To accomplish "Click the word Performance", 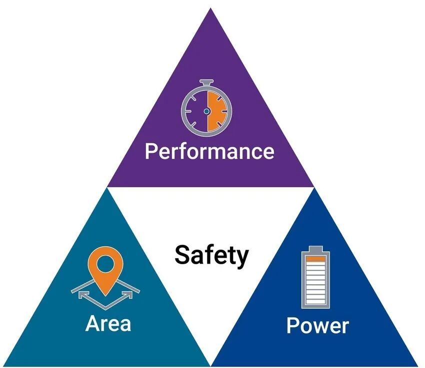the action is coord(209,151).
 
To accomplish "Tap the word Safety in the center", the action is coord(211,255).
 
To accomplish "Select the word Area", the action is coord(108,323).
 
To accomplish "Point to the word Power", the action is coord(317,325).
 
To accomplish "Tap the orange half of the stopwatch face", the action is coord(217,111).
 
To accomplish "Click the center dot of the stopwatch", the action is coord(206,111).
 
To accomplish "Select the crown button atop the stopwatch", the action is coord(206,82).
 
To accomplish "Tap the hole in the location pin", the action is coord(105,264).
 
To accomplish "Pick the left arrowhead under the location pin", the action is coord(83,295).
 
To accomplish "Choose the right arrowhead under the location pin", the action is coord(127,295).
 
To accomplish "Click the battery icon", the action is coord(316,277).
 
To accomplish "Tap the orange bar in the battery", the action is coord(316,259).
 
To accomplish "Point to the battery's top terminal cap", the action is coord(316,249).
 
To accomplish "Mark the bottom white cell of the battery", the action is coord(316,301).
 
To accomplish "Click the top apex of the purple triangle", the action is coord(210,8).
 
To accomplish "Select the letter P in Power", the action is coord(292,325).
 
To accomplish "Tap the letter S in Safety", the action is coord(182,254).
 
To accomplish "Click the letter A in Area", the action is coord(92,323).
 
